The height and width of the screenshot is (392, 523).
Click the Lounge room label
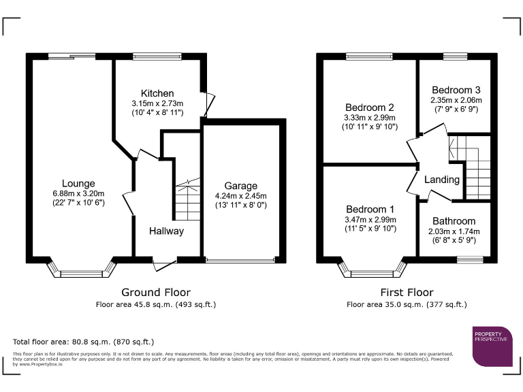(78, 183)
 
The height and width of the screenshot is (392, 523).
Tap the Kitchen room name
(157, 93)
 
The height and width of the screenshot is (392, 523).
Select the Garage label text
(241, 186)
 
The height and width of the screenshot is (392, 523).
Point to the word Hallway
(167, 231)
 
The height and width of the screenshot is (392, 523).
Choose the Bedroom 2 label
(370, 108)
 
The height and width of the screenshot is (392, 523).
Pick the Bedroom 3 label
(456, 90)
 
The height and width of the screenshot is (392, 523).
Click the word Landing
(442, 180)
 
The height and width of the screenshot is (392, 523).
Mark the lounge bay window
(80, 271)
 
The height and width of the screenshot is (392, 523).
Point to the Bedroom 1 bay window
(371, 271)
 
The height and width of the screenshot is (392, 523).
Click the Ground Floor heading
(155, 293)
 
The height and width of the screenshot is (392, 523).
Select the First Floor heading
(406, 293)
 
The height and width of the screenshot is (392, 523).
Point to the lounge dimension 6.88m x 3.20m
(78, 193)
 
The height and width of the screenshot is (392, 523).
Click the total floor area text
(84, 342)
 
